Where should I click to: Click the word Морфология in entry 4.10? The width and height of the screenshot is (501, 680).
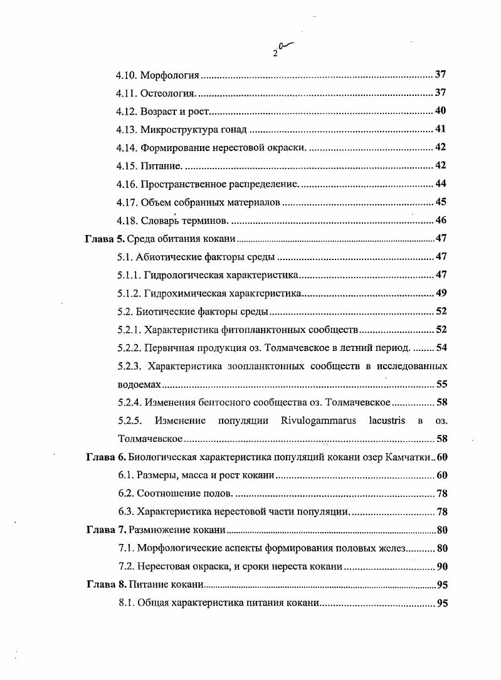[169, 76]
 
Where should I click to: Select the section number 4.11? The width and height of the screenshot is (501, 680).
[127, 94]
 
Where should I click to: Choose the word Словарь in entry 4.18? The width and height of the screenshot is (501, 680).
[160, 221]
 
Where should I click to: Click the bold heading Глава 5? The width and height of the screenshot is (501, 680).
[105, 239]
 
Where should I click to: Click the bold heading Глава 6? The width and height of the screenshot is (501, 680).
[106, 457]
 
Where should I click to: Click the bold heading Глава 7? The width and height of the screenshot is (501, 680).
[106, 530]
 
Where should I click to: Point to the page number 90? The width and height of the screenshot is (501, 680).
[441, 567]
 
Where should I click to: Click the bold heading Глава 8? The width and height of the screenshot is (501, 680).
[106, 585]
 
